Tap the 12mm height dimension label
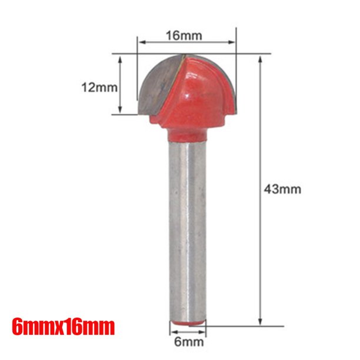pos(99,87)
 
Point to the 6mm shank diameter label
pos(188,341)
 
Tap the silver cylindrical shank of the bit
pos(188,229)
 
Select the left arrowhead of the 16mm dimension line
pos(141,43)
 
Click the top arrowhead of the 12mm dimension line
pos(121,59)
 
